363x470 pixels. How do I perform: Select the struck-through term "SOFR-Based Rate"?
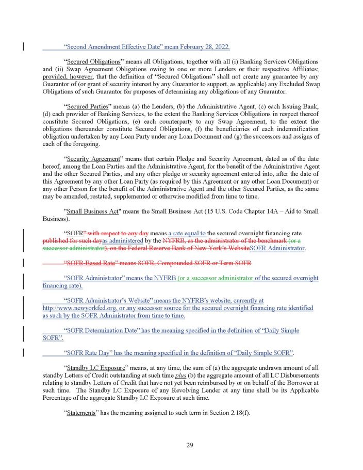click(x=90, y=263)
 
